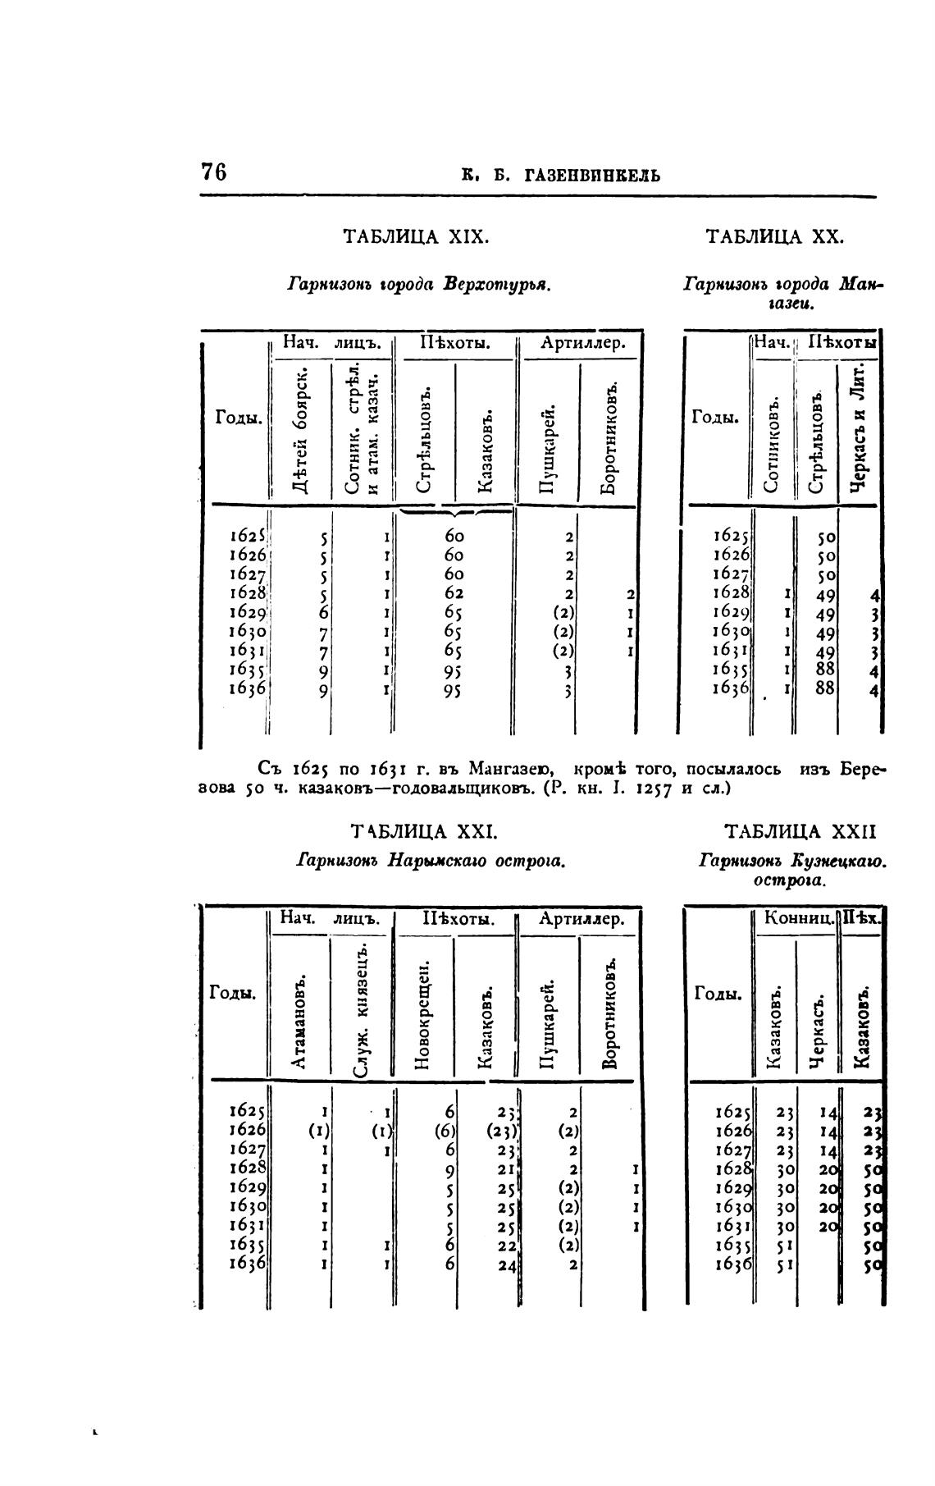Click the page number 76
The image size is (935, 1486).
pyautogui.click(x=213, y=173)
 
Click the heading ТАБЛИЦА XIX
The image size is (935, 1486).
pyautogui.click(x=416, y=237)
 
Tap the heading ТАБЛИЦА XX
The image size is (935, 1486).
pyautogui.click(x=774, y=237)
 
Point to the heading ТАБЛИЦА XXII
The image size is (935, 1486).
pyautogui.click(x=801, y=832)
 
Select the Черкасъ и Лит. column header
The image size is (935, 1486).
pyautogui.click(x=858, y=428)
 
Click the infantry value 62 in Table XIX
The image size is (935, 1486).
pyautogui.click(x=454, y=593)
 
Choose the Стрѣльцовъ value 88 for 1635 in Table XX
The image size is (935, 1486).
pyautogui.click(x=825, y=670)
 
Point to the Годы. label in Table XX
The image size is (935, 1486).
pyautogui.click(x=716, y=418)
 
